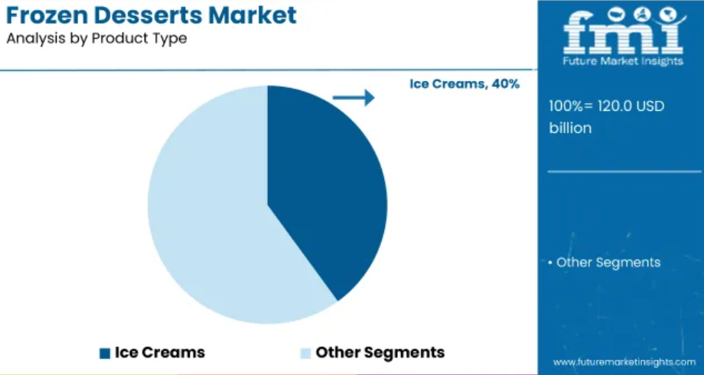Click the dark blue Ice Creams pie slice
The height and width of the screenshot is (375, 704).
[x=323, y=188]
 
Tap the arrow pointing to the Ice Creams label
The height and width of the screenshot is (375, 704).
[x=354, y=97]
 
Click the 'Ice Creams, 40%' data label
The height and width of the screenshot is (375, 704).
[x=464, y=84]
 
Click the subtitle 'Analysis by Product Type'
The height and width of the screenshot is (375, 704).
[x=96, y=39]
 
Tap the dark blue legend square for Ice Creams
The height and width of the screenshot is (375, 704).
[x=105, y=354]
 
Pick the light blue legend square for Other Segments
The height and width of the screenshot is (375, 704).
[x=305, y=354]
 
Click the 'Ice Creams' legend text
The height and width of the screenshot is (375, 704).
[x=160, y=353]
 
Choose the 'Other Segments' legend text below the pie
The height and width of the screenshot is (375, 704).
[x=380, y=353]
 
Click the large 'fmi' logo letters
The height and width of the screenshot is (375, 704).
[x=624, y=31]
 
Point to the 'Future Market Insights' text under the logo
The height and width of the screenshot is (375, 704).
[x=623, y=61]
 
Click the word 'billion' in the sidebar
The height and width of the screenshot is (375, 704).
[x=570, y=128]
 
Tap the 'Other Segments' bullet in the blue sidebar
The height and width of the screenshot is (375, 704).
[x=605, y=263]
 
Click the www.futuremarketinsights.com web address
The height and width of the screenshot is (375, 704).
[x=624, y=362]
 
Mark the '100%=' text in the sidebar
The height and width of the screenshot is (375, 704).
[x=565, y=107]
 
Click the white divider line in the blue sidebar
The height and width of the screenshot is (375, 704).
[x=624, y=172]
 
